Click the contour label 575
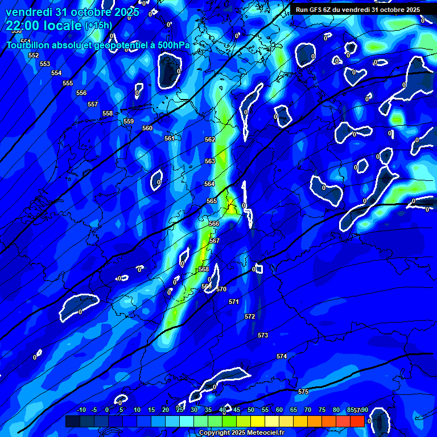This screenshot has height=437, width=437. point(303,391)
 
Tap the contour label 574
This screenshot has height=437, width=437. point(282,356)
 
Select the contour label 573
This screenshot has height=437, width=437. point(263,335)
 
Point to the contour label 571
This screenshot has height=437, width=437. point(234,302)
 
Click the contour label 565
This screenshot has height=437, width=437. point(212,201)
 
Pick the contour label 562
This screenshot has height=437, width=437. point(210,139)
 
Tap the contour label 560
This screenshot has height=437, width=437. point(147,128)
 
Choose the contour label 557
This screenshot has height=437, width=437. point(93,104)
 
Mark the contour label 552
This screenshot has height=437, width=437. point(34,55)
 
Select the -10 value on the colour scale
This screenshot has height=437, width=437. point(81,410)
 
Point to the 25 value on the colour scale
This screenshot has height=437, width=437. point(180,410)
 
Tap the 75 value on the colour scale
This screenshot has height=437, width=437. point(322,410)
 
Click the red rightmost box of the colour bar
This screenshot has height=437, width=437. point(357,421)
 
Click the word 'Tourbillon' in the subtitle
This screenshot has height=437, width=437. point(28,45)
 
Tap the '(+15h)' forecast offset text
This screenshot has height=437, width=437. point(98,26)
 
